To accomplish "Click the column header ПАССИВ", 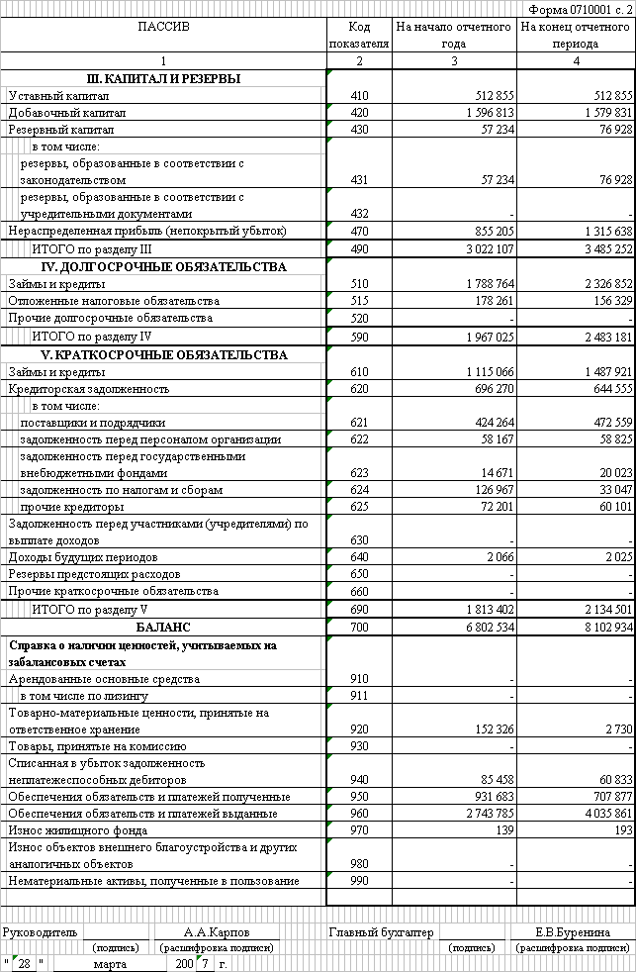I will [163, 27].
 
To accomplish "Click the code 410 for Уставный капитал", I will [359, 96].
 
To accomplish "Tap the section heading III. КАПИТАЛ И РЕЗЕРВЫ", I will [163, 79].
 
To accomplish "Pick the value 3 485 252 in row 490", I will [600, 249].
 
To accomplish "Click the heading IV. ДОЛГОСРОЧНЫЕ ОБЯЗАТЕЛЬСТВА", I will [163, 267].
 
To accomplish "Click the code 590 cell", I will [359, 338].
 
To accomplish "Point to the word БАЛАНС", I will [163, 628].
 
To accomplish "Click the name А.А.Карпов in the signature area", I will [218, 932].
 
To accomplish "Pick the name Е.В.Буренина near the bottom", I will [573, 932].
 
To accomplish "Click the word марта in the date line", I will [111, 963].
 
